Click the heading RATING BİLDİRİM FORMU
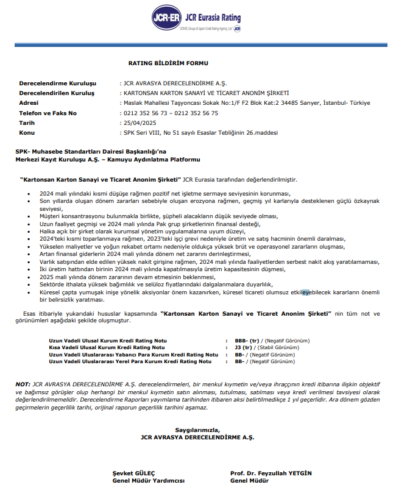[168, 63]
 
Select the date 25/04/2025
[137, 122]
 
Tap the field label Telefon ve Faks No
[48, 113]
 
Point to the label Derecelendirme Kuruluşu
[58, 83]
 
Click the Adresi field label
[29, 103]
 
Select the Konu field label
[27, 132]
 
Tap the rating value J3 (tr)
[242, 347]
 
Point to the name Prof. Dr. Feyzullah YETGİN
[271, 473]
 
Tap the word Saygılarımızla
[196, 430]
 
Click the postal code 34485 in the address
[309, 103]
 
